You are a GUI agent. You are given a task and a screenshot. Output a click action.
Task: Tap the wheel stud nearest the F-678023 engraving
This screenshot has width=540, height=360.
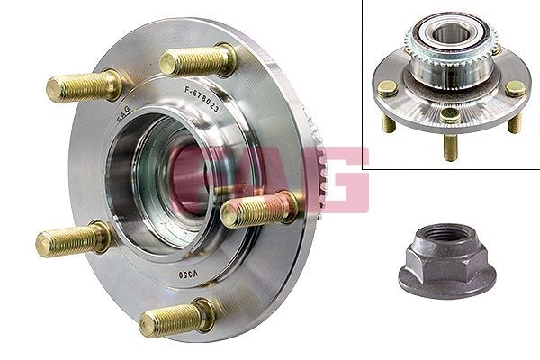199,62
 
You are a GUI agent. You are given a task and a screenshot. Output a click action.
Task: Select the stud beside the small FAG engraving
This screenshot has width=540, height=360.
83,86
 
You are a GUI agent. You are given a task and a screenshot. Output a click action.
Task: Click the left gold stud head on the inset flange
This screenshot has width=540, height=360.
388,87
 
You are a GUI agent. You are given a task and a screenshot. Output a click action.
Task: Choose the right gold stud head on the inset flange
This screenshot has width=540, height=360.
515,87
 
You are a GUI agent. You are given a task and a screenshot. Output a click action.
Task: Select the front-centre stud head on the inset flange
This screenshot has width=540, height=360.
450,113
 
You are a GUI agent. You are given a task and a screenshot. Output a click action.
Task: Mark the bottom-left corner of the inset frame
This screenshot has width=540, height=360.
364,167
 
